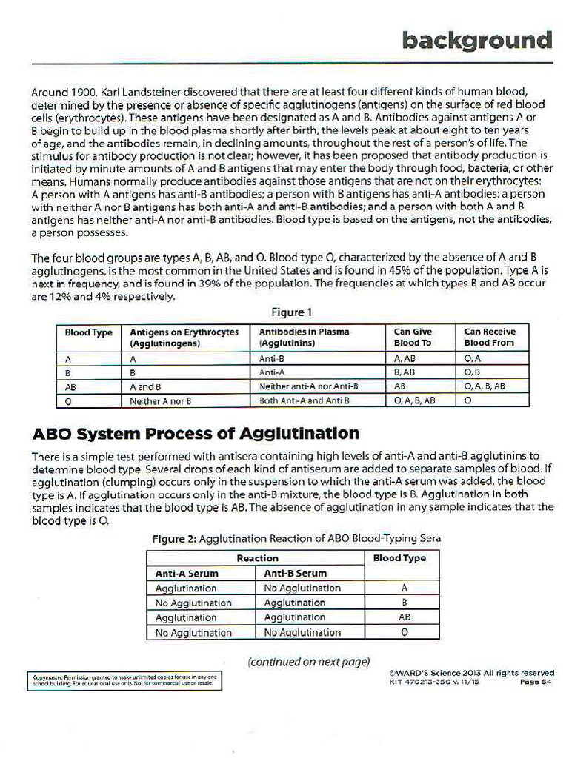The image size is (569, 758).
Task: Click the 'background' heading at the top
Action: click(477, 39)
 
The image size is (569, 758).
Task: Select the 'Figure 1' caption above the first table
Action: click(293, 312)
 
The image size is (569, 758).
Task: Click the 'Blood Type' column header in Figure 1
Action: click(88, 333)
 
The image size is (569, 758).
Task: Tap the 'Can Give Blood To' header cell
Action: click(413, 338)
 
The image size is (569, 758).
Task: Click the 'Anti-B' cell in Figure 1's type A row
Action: click(272, 359)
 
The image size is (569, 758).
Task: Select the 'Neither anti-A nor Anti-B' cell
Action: click(309, 386)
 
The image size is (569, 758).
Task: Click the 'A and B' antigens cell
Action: click(146, 386)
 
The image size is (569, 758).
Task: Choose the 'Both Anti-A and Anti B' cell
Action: click(304, 400)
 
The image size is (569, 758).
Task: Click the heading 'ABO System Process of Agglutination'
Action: click(196, 433)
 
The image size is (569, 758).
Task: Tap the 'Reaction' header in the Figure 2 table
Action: click(257, 558)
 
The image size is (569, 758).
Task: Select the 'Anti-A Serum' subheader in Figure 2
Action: click(187, 573)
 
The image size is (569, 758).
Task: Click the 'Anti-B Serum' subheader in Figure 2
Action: click(295, 573)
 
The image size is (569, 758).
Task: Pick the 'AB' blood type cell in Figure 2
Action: click(404, 617)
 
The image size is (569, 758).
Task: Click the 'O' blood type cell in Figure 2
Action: click(404, 632)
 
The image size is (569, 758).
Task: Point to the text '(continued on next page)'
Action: click(308, 661)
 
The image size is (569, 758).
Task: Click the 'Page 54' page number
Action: click(536, 682)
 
